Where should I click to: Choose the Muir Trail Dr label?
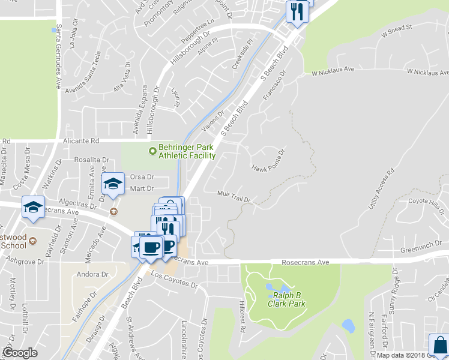pos(234,194)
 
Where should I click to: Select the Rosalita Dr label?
pos(91,160)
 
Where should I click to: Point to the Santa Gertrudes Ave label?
pos(58,58)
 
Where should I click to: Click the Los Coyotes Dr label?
pos(174,279)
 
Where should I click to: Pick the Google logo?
pos(20,352)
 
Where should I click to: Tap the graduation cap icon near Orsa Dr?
pos(112,184)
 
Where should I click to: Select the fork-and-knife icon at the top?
pos(297,11)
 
